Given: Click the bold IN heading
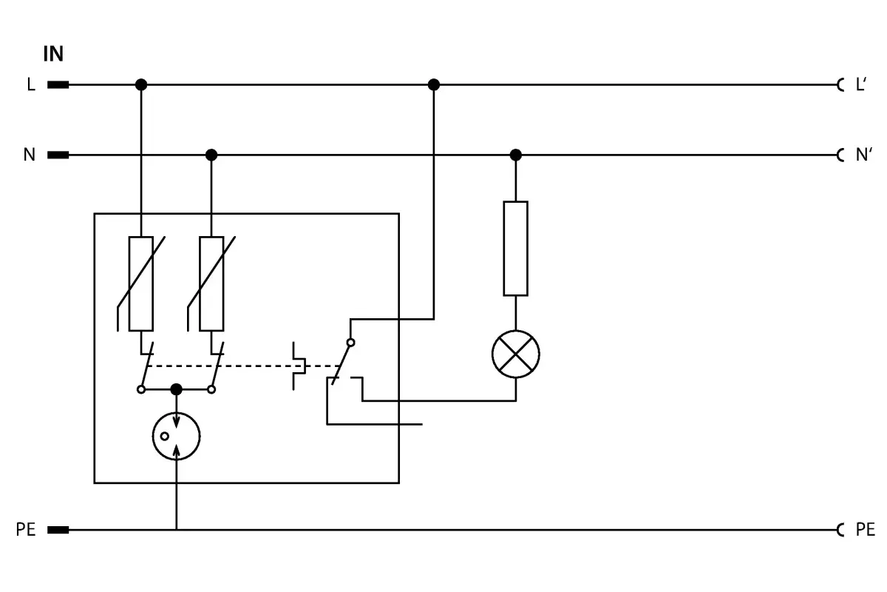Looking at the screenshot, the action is click(x=53, y=53).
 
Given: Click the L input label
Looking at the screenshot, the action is click(x=31, y=84).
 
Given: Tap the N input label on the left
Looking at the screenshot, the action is click(x=30, y=155).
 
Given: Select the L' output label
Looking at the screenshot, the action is click(x=861, y=84).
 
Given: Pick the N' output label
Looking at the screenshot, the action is click(x=864, y=155).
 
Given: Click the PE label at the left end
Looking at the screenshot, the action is click(x=26, y=529).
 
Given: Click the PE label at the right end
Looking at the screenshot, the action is click(x=866, y=529).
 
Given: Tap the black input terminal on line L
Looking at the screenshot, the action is click(x=58, y=85).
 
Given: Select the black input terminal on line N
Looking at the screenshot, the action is click(x=58, y=155).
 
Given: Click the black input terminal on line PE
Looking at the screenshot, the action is click(x=58, y=530).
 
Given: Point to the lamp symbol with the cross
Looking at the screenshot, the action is click(x=516, y=354).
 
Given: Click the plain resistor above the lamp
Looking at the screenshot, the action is click(x=516, y=249).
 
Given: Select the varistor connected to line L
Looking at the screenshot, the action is click(x=141, y=284).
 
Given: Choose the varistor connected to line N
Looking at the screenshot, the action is click(x=211, y=284).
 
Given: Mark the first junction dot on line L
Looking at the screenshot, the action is click(x=141, y=85).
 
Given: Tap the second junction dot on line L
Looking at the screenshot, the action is click(x=434, y=85).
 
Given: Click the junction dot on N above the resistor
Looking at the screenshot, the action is click(x=516, y=155).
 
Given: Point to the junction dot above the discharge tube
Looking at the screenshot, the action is click(x=176, y=390).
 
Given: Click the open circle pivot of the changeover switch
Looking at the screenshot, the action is click(x=350, y=343).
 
